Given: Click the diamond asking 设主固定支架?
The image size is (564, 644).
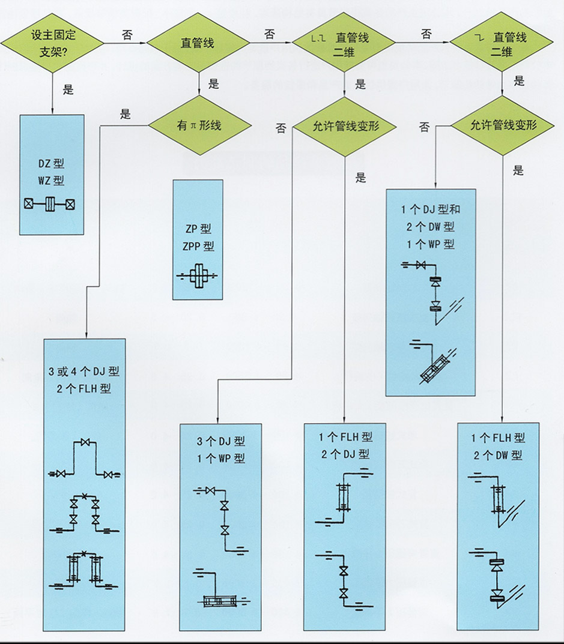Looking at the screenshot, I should (x=52, y=43).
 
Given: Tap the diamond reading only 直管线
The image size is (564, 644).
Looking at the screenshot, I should (x=198, y=43).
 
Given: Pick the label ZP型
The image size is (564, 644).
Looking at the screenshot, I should (x=198, y=229).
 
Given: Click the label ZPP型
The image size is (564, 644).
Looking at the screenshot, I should (x=198, y=246).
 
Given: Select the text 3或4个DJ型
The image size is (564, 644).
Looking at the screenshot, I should (x=84, y=372).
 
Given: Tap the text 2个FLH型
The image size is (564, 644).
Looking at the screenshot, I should (x=84, y=388).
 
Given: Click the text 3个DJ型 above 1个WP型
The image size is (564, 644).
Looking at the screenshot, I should (x=221, y=443).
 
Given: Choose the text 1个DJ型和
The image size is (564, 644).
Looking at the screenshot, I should (x=430, y=210).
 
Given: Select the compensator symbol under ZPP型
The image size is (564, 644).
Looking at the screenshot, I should (x=198, y=276).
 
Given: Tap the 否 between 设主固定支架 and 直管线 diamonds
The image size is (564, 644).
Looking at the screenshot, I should (x=127, y=35).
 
